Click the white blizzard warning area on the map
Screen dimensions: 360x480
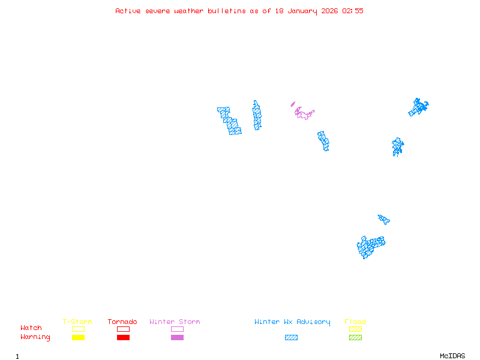click(243, 118)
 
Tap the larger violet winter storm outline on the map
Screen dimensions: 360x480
click(305, 113)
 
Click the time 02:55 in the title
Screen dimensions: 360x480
click(353, 11)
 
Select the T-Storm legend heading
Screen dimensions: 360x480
click(77, 322)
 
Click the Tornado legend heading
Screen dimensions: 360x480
click(122, 322)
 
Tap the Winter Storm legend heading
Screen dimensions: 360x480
click(175, 322)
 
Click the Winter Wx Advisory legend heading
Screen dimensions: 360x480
click(292, 322)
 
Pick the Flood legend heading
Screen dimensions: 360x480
click(355, 322)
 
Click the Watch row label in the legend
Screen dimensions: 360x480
click(31, 328)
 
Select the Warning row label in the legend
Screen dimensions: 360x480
click(35, 337)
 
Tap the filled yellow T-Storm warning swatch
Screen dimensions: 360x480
click(78, 338)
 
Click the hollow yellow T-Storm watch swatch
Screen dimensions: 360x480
click(78, 329)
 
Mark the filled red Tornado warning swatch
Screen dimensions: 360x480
click(123, 338)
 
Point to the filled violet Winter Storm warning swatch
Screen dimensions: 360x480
click(177, 338)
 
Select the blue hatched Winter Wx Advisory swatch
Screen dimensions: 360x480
click(291, 338)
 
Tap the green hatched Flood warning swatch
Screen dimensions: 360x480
click(355, 338)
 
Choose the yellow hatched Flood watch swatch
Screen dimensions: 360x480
click(355, 329)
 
